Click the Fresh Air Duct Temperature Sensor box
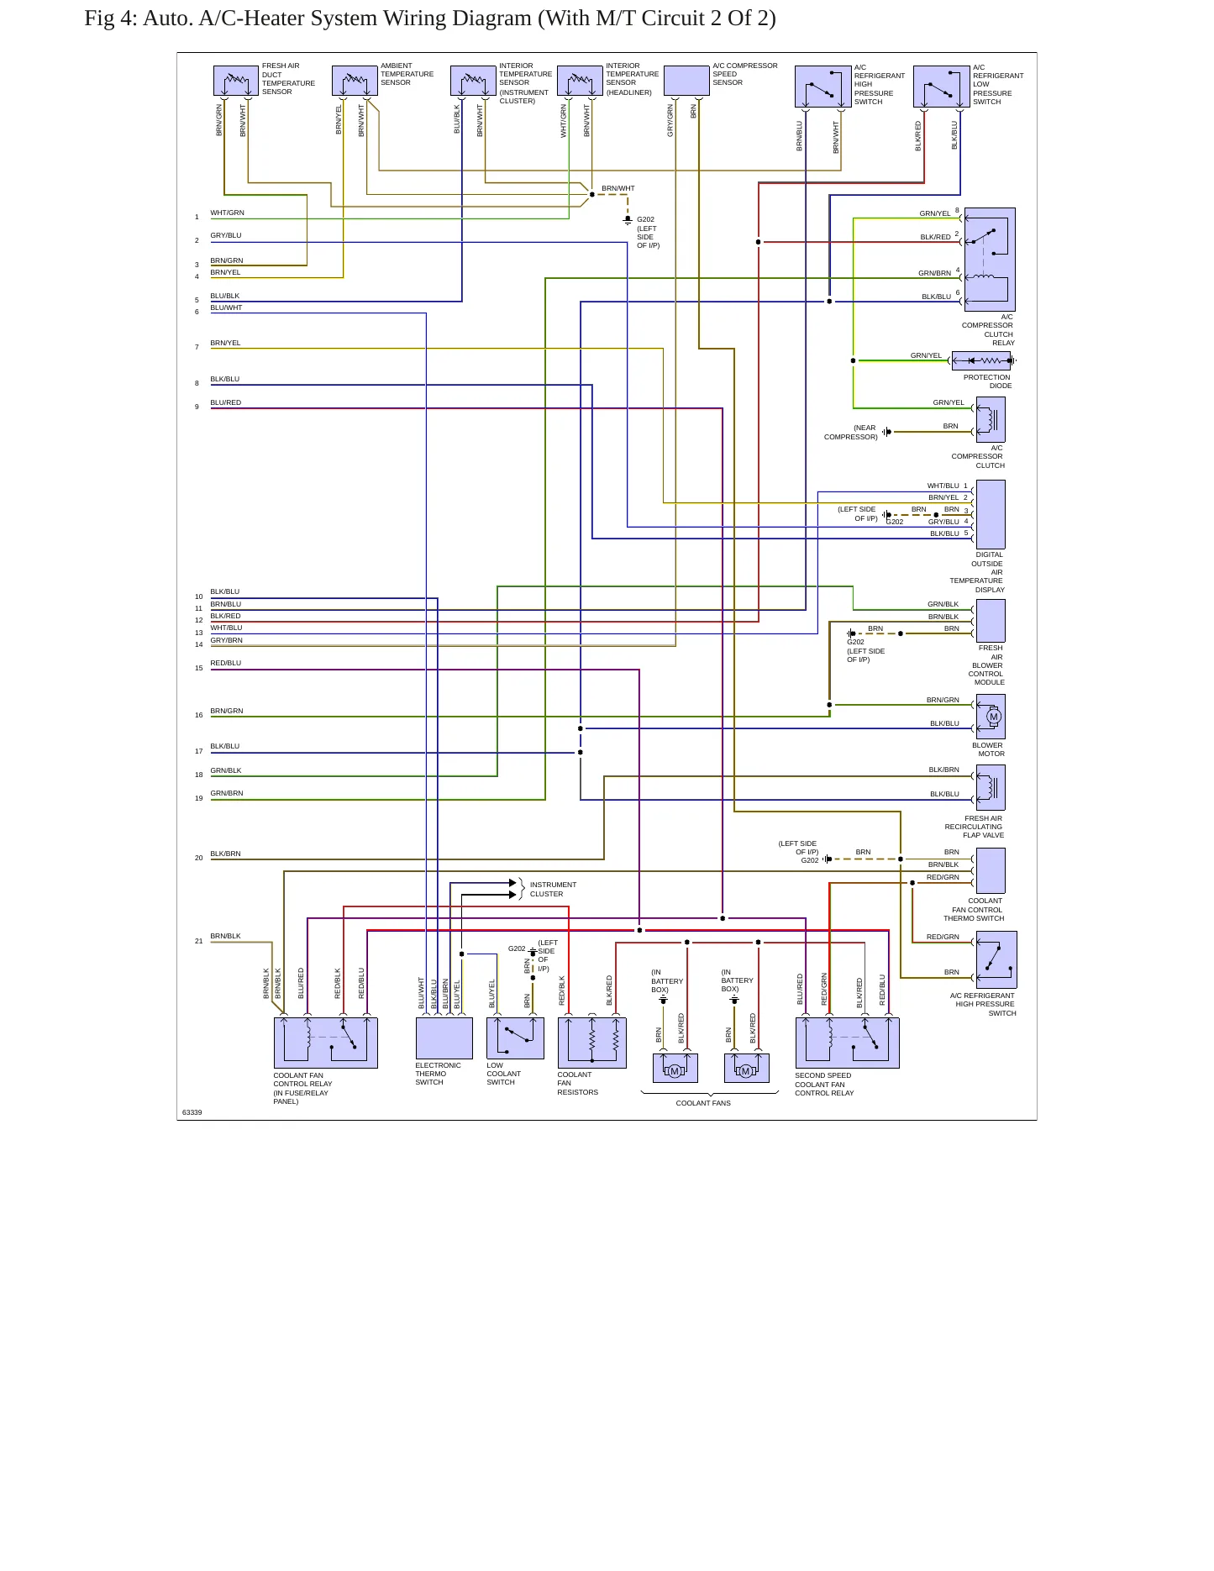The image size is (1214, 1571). click(x=236, y=81)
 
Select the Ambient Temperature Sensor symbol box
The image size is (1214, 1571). click(x=355, y=81)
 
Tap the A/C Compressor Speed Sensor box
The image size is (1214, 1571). click(x=686, y=81)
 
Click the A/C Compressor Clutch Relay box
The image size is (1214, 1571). click(x=990, y=260)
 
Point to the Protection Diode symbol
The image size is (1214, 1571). click(x=982, y=360)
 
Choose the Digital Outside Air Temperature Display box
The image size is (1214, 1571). click(x=991, y=514)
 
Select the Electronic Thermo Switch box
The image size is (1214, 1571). click(x=444, y=1038)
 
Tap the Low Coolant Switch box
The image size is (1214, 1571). click(x=515, y=1038)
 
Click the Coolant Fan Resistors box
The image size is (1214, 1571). click(x=592, y=1043)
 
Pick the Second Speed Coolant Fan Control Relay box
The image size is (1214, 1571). click(x=847, y=1043)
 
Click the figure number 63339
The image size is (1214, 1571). click(x=192, y=1112)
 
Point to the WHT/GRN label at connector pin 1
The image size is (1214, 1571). click(x=227, y=213)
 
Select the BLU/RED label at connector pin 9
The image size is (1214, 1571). click(x=225, y=402)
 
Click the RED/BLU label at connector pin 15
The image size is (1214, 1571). click(x=225, y=663)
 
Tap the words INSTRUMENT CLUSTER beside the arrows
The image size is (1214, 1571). click(x=553, y=889)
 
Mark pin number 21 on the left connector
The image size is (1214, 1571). click(x=199, y=941)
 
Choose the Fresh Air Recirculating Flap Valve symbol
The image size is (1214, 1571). click(x=991, y=787)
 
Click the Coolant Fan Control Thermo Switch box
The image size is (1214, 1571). click(x=991, y=870)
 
